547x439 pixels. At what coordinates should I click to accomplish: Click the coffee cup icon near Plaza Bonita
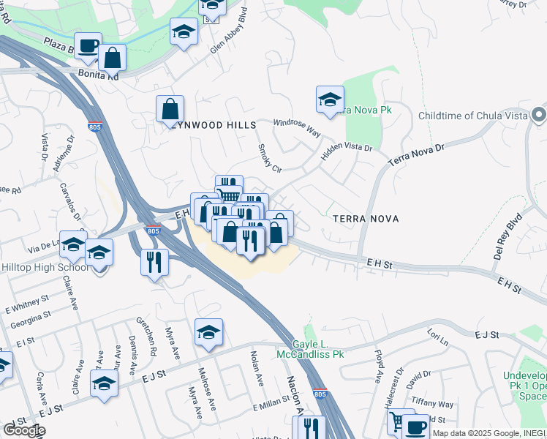pyautogui.click(x=88, y=45)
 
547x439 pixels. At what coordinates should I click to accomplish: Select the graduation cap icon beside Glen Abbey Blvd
pyautogui.click(x=184, y=31)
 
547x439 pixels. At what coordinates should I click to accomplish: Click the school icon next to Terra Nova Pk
pyautogui.click(x=330, y=99)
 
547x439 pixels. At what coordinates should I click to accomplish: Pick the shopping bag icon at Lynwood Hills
pyautogui.click(x=170, y=109)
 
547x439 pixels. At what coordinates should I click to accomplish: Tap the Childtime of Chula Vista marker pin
pyautogui.click(x=539, y=116)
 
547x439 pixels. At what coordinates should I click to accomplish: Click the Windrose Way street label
pyautogui.click(x=297, y=127)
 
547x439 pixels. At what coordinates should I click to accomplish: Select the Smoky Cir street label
pyautogui.click(x=269, y=158)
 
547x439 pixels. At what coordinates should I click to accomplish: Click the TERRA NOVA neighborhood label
pyautogui.click(x=364, y=219)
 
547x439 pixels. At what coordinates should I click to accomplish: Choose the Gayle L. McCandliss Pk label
pyautogui.click(x=318, y=349)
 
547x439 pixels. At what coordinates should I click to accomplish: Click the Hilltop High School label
pyautogui.click(x=45, y=268)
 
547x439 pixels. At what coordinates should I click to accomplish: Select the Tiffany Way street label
pyautogui.click(x=433, y=404)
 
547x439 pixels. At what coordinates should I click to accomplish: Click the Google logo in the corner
pyautogui.click(x=23, y=430)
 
